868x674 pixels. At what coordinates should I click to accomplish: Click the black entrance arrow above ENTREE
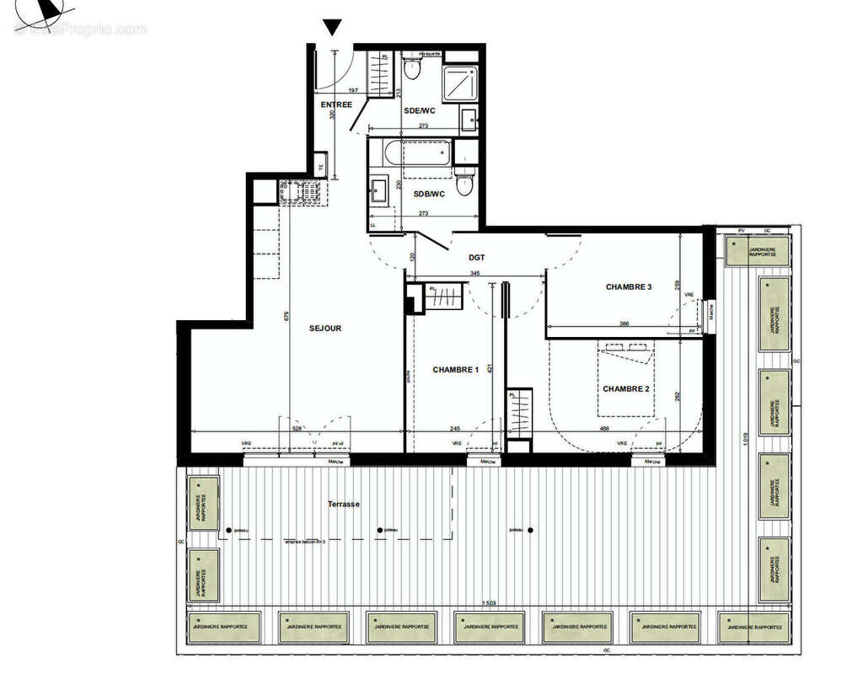333,28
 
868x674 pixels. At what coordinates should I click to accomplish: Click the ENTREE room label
336,104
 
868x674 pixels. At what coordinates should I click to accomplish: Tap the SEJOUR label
325,329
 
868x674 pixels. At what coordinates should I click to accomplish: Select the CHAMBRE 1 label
456,370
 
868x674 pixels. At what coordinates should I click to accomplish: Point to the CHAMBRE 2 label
625,388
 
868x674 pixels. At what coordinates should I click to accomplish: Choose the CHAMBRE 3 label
629,287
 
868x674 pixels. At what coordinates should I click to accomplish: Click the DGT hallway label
479,259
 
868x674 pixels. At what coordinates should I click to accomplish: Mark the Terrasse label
344,504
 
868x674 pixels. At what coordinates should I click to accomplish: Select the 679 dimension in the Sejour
287,318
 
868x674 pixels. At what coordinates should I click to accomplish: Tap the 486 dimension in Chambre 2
604,428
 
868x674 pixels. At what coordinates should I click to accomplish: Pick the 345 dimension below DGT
474,274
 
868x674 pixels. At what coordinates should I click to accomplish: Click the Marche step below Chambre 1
485,462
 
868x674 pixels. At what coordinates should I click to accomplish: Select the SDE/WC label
419,110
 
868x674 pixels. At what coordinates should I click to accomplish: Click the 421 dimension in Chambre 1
489,368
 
